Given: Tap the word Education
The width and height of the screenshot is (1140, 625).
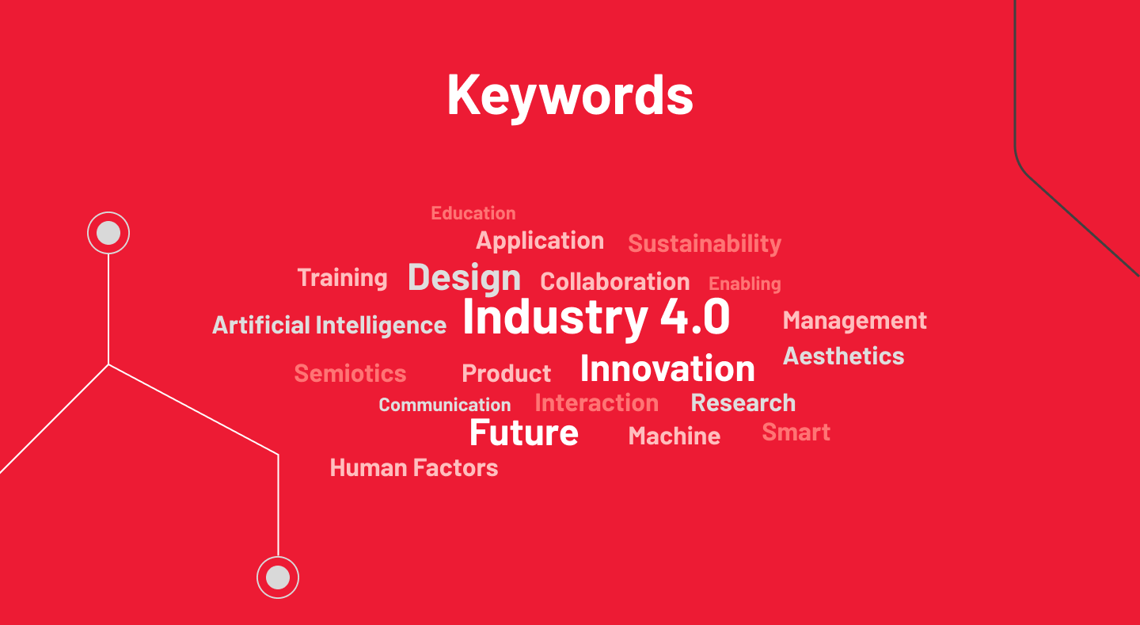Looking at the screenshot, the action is [x=473, y=213].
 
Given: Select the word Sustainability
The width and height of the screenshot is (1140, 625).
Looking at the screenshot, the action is [x=705, y=243].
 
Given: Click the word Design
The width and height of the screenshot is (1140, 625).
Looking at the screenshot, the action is [x=464, y=278].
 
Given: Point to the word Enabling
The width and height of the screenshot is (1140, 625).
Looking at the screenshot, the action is [x=744, y=284].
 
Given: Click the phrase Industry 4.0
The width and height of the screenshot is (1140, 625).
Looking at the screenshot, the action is [x=596, y=318].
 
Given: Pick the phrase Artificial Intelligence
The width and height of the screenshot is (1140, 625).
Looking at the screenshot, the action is [x=329, y=325].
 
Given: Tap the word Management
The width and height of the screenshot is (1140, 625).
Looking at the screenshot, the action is [x=854, y=320].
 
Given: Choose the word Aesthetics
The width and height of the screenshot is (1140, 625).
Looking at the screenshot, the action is [x=843, y=356].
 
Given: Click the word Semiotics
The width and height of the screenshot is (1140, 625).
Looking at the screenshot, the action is [x=350, y=373].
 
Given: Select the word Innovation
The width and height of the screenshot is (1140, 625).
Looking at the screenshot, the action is [x=667, y=368].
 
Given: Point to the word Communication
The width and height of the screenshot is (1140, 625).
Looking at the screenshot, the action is [x=445, y=405].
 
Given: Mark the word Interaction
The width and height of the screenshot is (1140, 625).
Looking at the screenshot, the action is [x=596, y=403].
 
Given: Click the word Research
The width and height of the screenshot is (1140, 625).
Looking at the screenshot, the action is [x=743, y=403].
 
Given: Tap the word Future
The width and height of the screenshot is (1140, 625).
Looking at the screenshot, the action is [x=524, y=433].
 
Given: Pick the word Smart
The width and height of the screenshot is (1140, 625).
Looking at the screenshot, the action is [x=796, y=433].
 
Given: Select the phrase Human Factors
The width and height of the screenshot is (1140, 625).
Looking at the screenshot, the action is [x=414, y=467].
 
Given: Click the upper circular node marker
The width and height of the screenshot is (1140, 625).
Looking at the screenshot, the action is [x=108, y=233].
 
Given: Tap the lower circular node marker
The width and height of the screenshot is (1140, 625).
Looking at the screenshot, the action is [x=278, y=577].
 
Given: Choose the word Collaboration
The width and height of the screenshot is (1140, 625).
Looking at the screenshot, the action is [x=615, y=282].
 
